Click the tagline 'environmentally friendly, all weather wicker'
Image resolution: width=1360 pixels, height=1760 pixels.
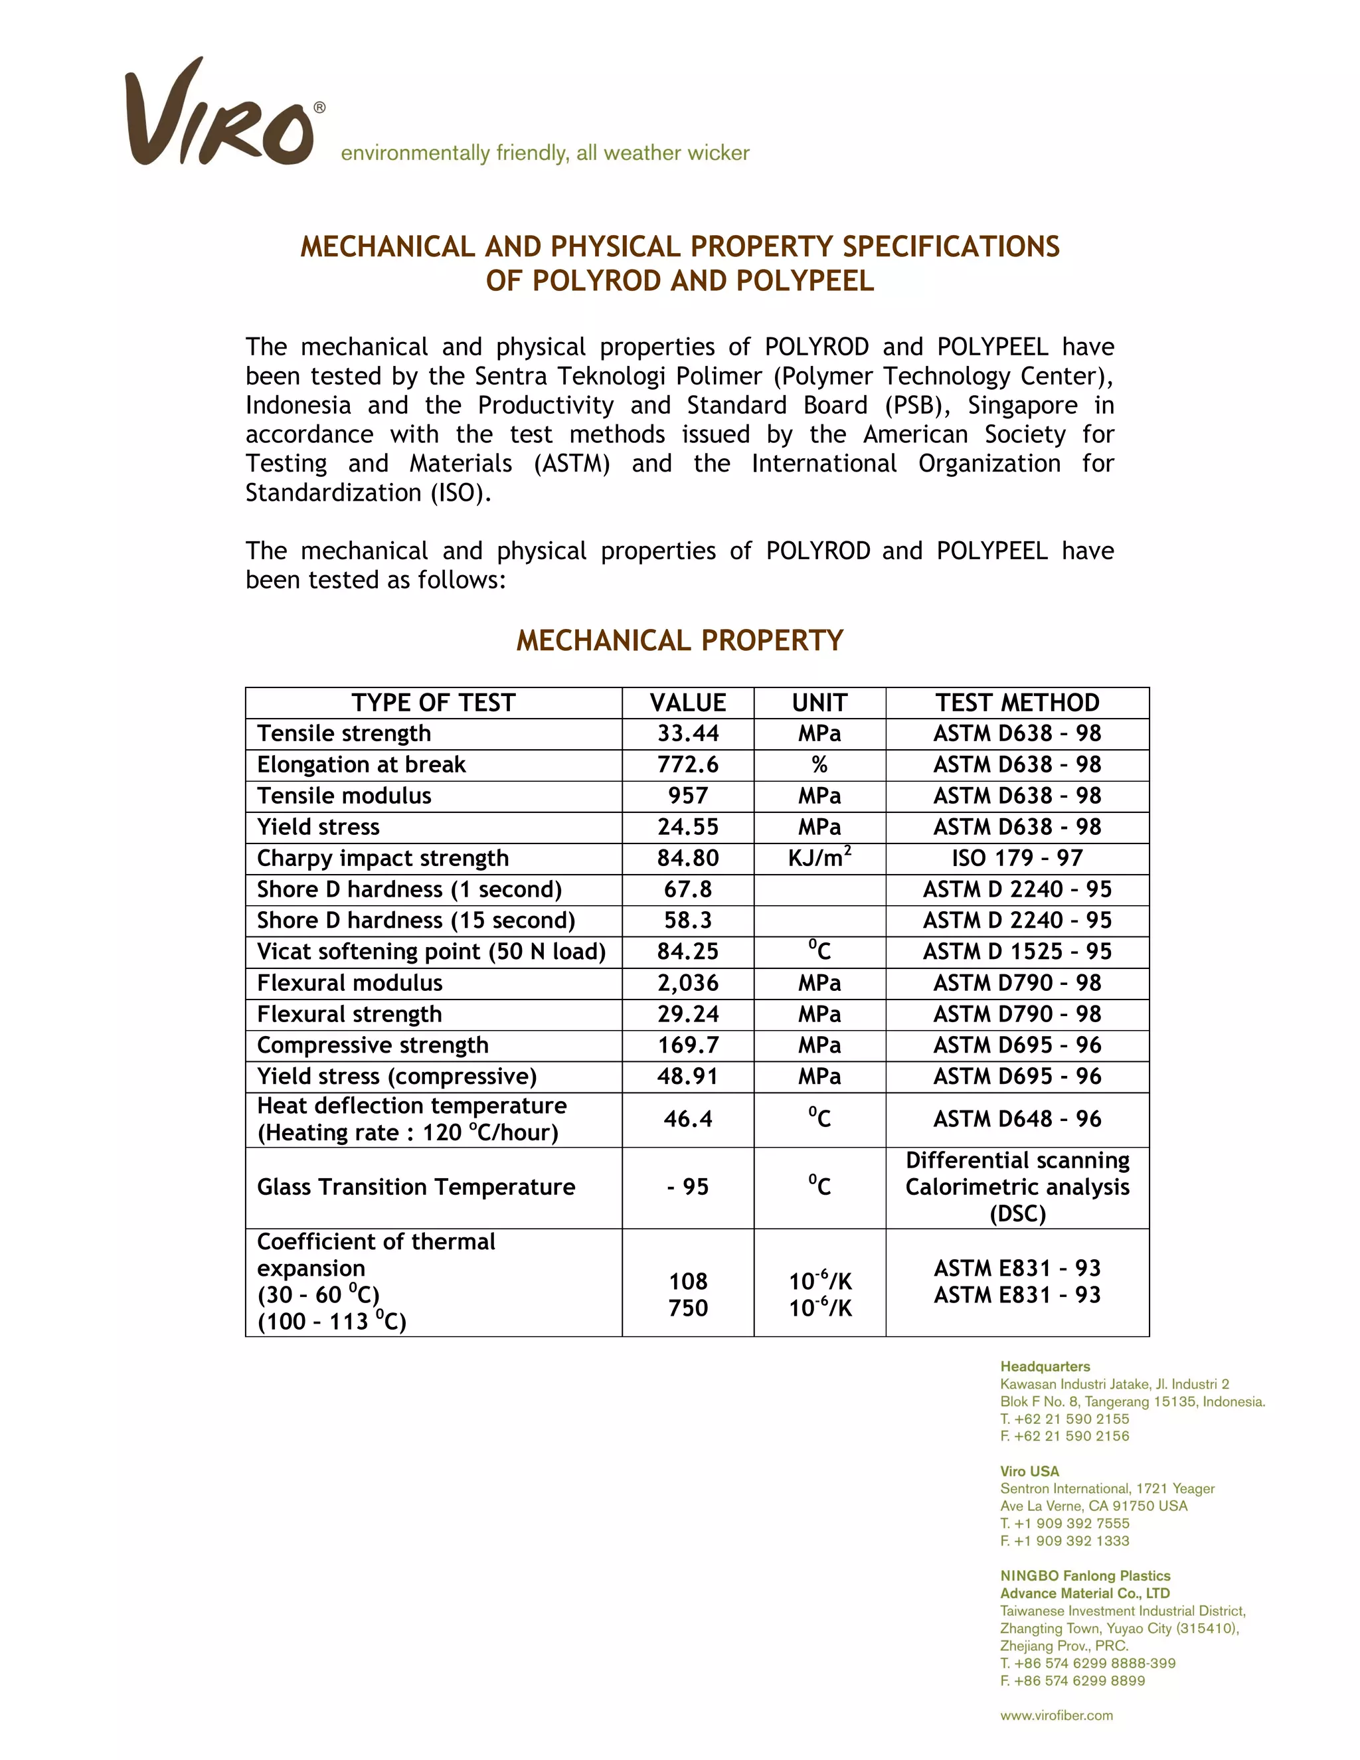click(x=545, y=153)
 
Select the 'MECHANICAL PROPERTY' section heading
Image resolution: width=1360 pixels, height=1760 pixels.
click(x=679, y=641)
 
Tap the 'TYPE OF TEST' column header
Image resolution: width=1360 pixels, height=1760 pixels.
click(x=433, y=703)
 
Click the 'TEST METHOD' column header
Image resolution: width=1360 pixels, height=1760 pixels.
click(x=1017, y=703)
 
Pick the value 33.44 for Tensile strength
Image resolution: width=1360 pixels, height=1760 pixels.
click(x=687, y=733)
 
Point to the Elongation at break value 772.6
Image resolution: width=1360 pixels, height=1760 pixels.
click(x=687, y=764)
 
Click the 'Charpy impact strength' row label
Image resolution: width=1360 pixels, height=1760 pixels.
click(x=382, y=858)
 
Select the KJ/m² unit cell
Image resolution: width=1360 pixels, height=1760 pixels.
click(x=819, y=858)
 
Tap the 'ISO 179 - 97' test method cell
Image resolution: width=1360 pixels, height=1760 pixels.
click(x=1017, y=858)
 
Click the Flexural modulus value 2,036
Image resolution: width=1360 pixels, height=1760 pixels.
click(x=687, y=983)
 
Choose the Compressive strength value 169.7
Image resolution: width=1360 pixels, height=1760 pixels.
click(x=687, y=1045)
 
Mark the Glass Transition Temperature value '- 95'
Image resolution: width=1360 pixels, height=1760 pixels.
click(x=687, y=1187)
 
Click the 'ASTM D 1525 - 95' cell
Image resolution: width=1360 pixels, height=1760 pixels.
click(x=1017, y=952)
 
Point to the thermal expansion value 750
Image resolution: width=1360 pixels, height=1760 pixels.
click(x=687, y=1308)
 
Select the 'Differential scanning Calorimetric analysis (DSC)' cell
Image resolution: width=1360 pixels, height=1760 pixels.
click(x=1017, y=1187)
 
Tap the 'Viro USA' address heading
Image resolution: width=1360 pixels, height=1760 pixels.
click(x=1029, y=1472)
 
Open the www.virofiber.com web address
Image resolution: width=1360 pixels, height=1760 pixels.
click(x=1057, y=1716)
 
